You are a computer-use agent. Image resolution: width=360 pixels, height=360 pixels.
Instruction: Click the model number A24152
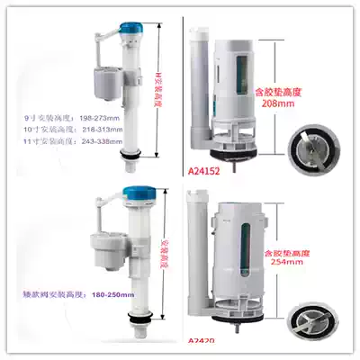[x=204, y=168]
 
